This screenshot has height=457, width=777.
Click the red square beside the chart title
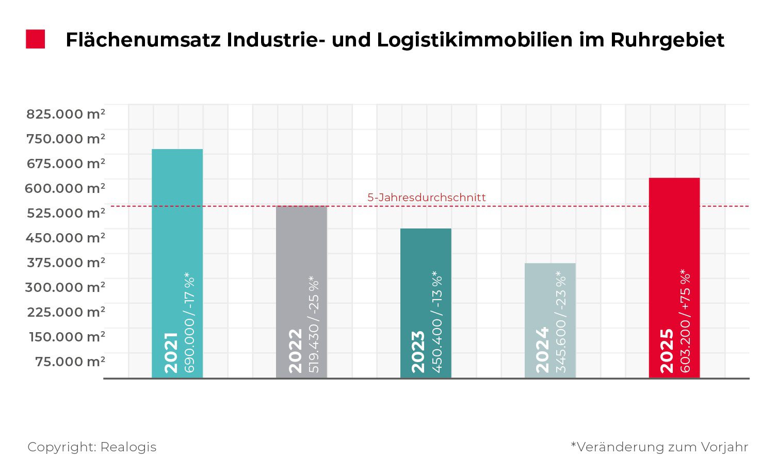[x=36, y=39]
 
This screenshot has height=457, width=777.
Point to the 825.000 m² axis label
[x=66, y=114]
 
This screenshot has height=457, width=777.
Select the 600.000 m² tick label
[x=65, y=188]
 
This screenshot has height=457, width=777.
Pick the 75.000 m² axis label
[x=70, y=362]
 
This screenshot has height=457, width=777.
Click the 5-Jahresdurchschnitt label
[x=426, y=198]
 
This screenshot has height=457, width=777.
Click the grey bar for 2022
[x=301, y=258]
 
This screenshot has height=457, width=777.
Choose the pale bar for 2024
[x=550, y=289]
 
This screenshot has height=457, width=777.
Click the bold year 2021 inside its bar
[x=171, y=353]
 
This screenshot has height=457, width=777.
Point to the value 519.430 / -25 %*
[x=314, y=324]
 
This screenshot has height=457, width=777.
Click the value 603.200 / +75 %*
[x=686, y=321]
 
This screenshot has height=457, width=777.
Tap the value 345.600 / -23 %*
[x=561, y=322]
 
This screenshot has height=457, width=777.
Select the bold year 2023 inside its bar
[x=418, y=352]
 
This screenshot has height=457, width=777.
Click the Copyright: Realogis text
[x=92, y=447]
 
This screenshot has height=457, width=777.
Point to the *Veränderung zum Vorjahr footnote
[x=659, y=447]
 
